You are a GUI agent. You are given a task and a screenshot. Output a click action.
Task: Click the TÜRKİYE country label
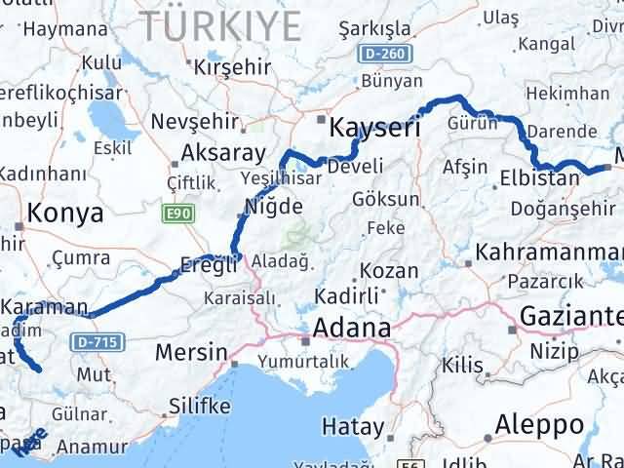click(220, 24)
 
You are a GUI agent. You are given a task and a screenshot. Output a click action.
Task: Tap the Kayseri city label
click(375, 128)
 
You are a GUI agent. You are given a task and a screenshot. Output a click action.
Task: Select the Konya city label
click(65, 214)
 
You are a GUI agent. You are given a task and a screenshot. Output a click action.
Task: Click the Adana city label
click(350, 328)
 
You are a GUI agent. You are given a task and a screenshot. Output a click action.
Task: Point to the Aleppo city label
click(539, 425)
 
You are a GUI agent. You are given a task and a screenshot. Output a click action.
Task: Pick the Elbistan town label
click(539, 178)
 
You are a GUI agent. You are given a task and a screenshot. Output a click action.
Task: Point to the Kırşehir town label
click(230, 67)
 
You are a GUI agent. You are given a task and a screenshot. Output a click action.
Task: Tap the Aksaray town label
click(223, 153)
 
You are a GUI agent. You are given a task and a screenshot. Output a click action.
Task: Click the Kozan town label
click(389, 270)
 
